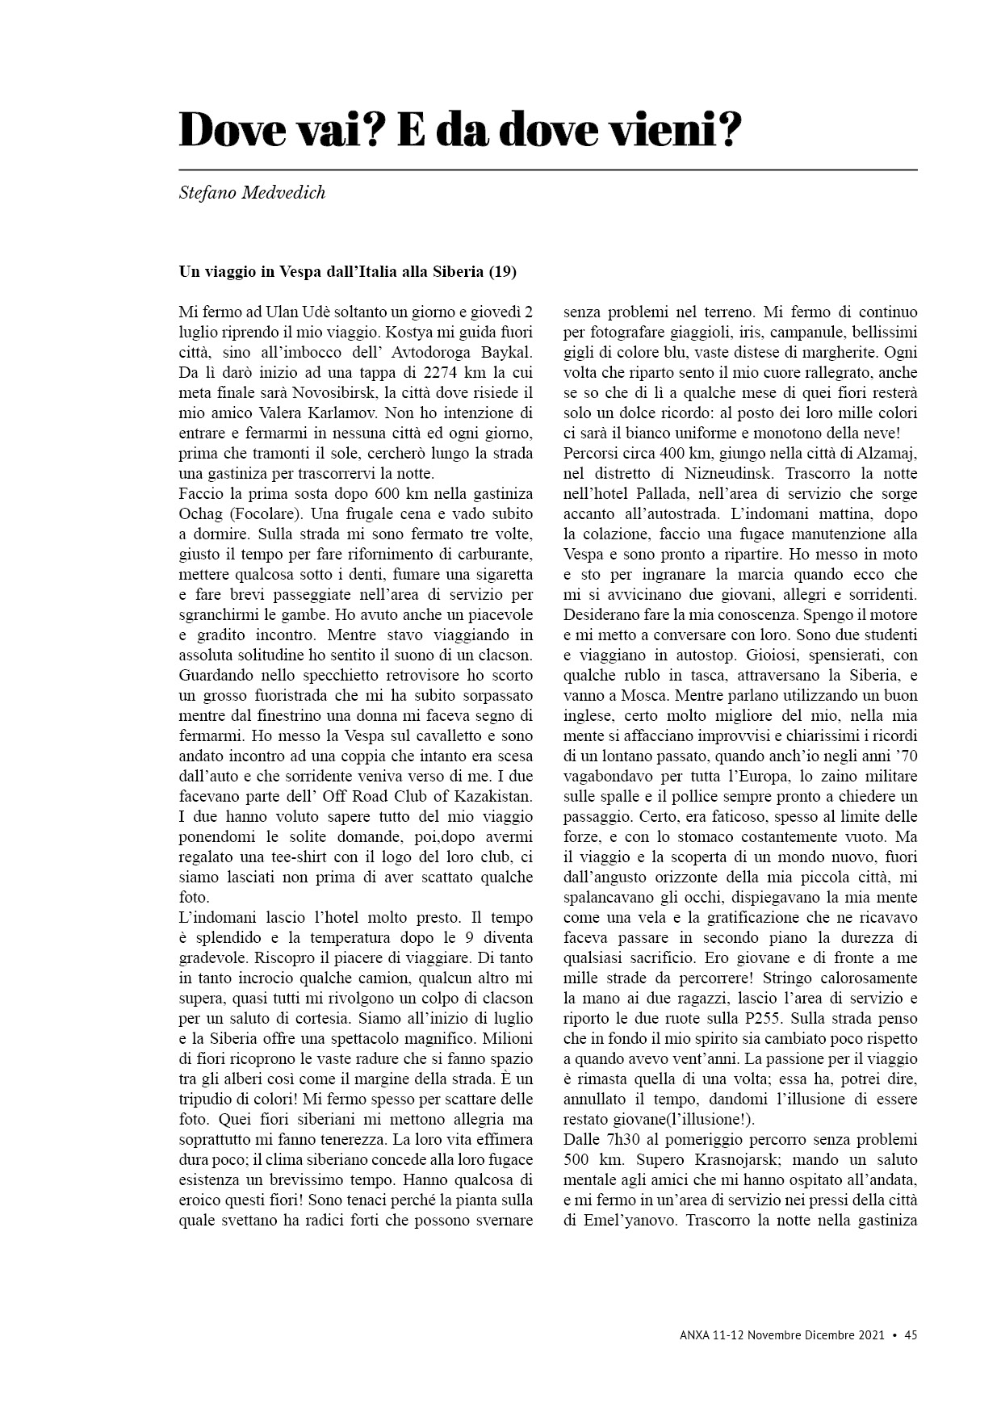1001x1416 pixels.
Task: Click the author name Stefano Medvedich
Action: pyautogui.click(x=252, y=194)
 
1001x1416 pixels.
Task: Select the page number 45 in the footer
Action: pyautogui.click(x=911, y=1334)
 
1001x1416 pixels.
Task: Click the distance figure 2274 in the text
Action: pyautogui.click(x=444, y=372)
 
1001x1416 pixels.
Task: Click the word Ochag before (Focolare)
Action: pyautogui.click(x=200, y=513)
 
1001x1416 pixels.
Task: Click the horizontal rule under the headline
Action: pyautogui.click(x=547, y=170)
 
